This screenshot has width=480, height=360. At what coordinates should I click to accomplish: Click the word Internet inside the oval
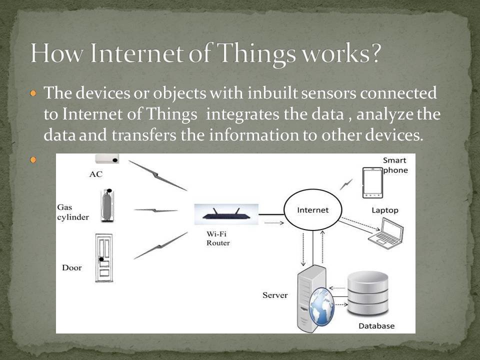tap(313, 210)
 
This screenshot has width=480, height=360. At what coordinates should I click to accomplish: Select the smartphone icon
tap(372, 182)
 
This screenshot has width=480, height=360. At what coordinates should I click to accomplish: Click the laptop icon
tap(386, 232)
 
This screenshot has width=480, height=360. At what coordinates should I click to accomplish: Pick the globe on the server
tap(321, 306)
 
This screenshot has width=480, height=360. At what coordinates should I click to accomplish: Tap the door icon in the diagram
tap(104, 257)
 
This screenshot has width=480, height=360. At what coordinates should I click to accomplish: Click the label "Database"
tap(376, 326)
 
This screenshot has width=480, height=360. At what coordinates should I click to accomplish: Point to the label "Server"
tap(275, 295)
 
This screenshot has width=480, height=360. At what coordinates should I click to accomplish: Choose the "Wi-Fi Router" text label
tap(218, 238)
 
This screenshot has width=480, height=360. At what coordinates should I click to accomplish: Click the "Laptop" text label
tap(384, 210)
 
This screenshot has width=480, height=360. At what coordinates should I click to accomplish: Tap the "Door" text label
tap(71, 267)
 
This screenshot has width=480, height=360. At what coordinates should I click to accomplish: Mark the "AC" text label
tap(96, 174)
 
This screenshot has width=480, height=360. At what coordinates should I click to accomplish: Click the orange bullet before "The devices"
tap(33, 93)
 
